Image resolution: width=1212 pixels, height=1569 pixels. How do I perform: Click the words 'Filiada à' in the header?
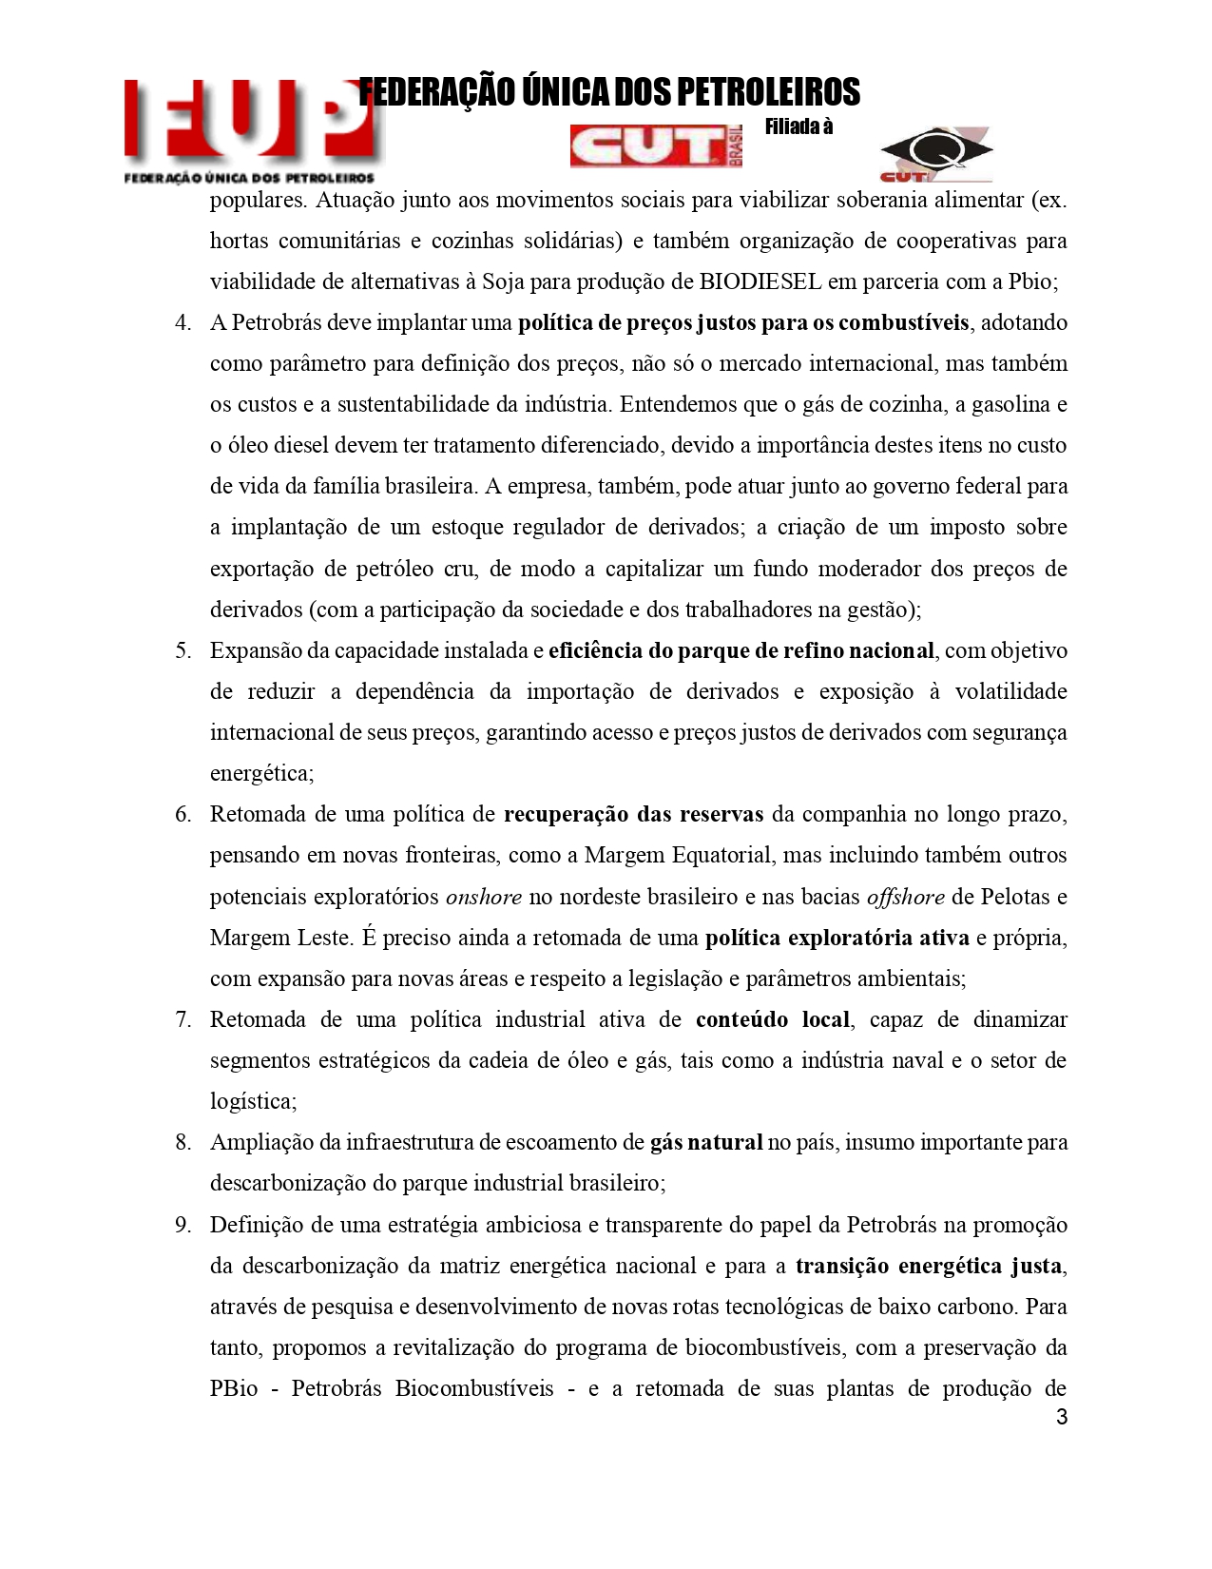coord(798,127)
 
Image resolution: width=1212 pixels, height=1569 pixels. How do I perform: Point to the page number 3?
coord(1062,1418)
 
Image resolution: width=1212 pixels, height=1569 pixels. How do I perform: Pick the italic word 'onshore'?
coord(484,897)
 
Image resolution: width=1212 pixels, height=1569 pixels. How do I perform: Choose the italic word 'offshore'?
coord(905,897)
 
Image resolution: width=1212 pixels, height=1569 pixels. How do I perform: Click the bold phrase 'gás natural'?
coord(706,1142)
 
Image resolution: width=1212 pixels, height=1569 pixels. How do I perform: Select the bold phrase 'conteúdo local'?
coord(773,1019)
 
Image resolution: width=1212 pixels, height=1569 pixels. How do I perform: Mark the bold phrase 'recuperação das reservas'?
coord(633,814)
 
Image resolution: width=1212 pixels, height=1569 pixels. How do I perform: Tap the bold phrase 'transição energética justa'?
coord(929,1266)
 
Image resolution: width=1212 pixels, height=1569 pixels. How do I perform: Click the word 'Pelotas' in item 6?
coord(1014,897)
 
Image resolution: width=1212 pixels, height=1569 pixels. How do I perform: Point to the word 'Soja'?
coord(505,281)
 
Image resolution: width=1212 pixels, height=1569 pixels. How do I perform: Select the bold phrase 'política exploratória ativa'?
coord(837,938)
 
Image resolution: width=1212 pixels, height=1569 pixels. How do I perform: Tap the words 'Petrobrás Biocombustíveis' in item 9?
coord(422,1388)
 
